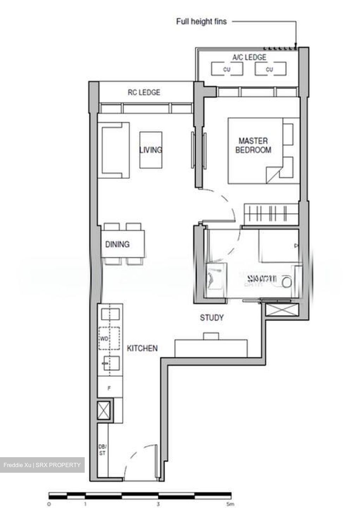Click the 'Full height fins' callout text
[x=201, y=22]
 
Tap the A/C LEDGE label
[x=249, y=57]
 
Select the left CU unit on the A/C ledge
[x=227, y=69]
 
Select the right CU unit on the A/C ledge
[x=270, y=69]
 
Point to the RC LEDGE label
[x=144, y=92]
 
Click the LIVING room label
[x=151, y=150]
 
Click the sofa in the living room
[x=115, y=150]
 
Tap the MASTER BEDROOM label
[x=253, y=145]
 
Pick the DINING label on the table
[x=117, y=244]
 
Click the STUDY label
[x=212, y=318]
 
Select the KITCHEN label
[x=142, y=348]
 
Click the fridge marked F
[x=109, y=388]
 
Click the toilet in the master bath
[x=287, y=281]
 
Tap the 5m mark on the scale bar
[x=230, y=504]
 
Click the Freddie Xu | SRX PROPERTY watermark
[x=42, y=465]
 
